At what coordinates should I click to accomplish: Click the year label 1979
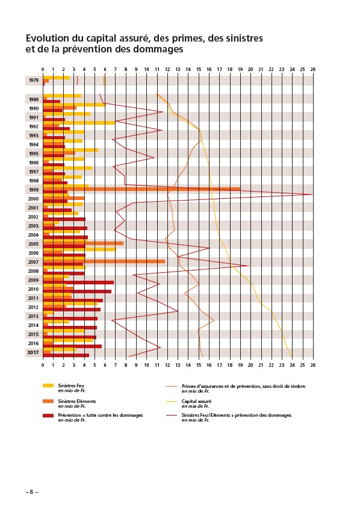click(x=33, y=80)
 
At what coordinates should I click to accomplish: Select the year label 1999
click(x=33, y=190)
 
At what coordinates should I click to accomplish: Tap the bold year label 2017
click(x=33, y=352)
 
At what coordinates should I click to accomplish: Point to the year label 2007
click(x=33, y=262)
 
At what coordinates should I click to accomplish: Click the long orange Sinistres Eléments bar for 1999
click(x=141, y=189)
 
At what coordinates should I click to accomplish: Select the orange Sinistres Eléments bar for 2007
click(x=104, y=261)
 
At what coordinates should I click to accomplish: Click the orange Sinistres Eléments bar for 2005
click(x=83, y=243)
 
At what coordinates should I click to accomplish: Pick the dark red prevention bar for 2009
click(x=78, y=283)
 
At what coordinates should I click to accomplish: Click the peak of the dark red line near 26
click(x=312, y=195)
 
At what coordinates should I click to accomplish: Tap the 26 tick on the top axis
click(x=312, y=69)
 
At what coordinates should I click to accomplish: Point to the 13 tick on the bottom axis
click(x=178, y=365)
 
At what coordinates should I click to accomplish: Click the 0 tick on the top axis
click(x=43, y=69)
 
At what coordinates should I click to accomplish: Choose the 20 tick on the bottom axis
click(x=250, y=365)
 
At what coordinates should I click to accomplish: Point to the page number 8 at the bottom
click(x=31, y=492)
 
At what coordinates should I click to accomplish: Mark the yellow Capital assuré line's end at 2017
click(x=291, y=357)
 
